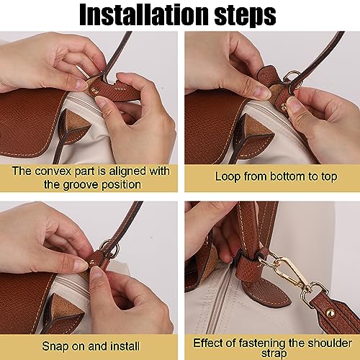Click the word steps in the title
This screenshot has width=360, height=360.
coord(245,15)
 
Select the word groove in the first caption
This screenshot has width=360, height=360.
coord(79,185)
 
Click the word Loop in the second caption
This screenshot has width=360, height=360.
coord(228,177)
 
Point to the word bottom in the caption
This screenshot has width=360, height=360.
coord(288,176)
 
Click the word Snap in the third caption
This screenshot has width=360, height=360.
coord(54,347)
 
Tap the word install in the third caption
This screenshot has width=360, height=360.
coord(125,346)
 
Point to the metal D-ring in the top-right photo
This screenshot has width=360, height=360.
coord(293,79)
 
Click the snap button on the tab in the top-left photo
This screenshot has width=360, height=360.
coord(95,91)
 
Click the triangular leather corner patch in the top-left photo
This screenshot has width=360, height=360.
coord(72,128)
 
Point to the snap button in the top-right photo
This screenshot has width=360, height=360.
coord(284,107)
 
